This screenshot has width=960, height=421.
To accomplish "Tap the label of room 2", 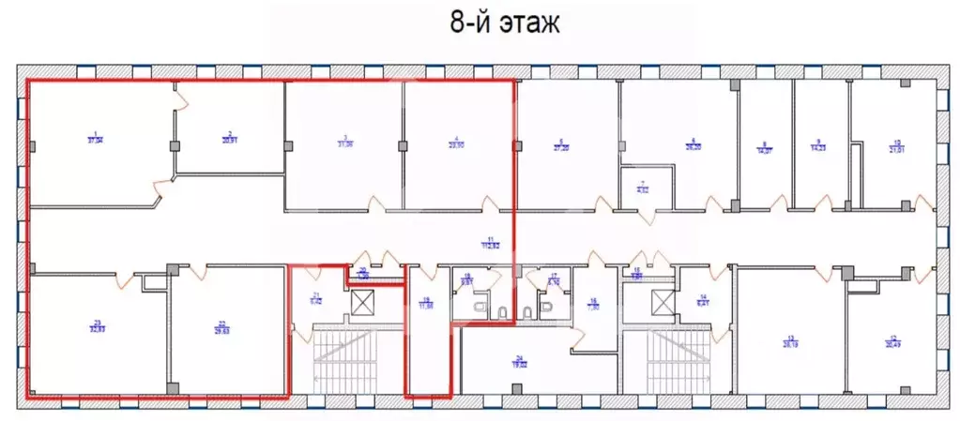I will [x=228, y=137].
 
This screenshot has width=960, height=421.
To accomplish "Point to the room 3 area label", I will [x=346, y=143].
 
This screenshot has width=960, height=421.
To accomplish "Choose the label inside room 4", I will [x=457, y=143].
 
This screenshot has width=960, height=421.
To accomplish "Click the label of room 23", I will [x=98, y=327].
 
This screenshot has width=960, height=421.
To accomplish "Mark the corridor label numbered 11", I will [x=489, y=242].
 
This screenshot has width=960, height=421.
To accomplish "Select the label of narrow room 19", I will [x=426, y=304].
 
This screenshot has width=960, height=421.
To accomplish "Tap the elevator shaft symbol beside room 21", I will [x=361, y=303].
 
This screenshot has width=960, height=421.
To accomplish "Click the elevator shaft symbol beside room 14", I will [x=663, y=303].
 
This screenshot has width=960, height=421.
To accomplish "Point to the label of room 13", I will [x=790, y=340].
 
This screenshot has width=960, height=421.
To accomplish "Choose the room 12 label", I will [x=891, y=340].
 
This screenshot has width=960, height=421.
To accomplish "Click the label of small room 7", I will [x=643, y=187].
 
